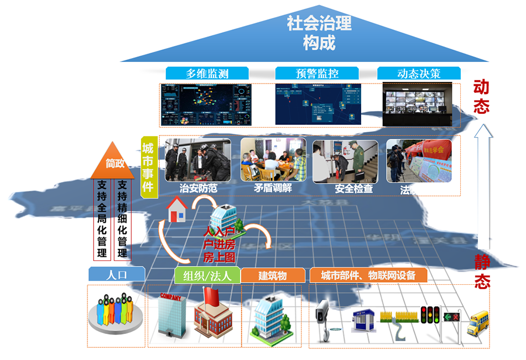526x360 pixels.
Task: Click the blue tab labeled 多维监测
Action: [x=207, y=73]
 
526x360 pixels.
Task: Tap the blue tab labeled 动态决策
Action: [x=419, y=73]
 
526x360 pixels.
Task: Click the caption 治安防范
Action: [x=198, y=188]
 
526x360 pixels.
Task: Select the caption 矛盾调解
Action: [x=273, y=188]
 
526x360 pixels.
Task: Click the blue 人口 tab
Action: [x=117, y=274]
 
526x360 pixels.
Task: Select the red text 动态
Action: [x=481, y=97]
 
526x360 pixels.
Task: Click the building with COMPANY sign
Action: [x=170, y=315]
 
